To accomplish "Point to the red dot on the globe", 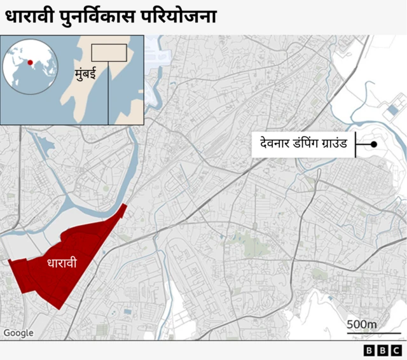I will [29, 63].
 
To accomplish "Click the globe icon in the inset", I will [26, 64].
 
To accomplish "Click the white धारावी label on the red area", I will [62, 262].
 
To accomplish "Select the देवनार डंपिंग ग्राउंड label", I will [303, 144].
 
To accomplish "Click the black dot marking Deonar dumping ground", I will [374, 145].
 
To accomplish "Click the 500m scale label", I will [362, 324].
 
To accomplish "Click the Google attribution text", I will [18, 333].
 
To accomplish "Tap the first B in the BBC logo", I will [369, 350].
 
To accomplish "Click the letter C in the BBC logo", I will [395, 350].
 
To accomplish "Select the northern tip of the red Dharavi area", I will [125, 205].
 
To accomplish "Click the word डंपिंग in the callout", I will [301, 144].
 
